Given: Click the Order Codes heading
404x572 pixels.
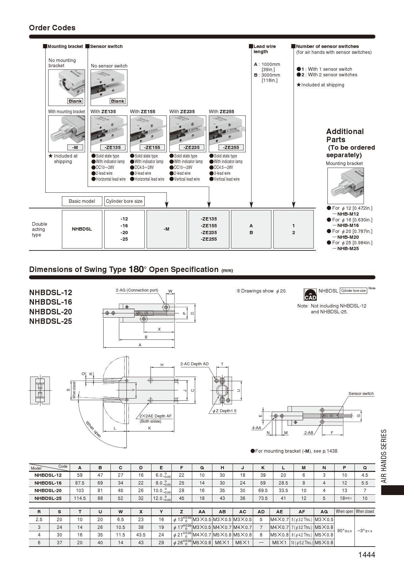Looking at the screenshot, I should coord(52,28).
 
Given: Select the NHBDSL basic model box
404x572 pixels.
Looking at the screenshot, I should coord(82,229).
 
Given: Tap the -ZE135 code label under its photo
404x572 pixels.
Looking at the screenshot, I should coord(112,147).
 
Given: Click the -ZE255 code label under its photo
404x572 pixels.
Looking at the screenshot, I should coord(231,147).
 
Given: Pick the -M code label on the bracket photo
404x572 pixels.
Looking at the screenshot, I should coord(75,147).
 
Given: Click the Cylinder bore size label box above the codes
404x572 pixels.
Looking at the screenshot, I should coord(124,201).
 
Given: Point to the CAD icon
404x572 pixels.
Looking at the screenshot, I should coord(310,294).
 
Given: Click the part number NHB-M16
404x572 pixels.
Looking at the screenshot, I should coord(348,225).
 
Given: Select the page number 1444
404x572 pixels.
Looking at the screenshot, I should coord(367,555).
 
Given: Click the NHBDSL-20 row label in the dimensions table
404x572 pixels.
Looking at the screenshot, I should coord(48,490).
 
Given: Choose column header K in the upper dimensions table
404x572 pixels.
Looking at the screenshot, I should coord(263,467).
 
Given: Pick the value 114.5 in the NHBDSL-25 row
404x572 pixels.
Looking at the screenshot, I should coord(80,498).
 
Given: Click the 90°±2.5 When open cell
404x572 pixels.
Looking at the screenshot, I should coord(344,531).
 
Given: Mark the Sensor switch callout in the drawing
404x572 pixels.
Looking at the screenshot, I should coord(361,394).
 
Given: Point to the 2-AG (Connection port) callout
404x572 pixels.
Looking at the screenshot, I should coord(137,290).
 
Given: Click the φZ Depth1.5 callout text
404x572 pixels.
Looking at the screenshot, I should coord(224,411).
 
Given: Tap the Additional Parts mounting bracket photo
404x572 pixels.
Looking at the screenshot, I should coord(345,186).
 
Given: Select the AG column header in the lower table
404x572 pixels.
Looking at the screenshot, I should coord(324,512).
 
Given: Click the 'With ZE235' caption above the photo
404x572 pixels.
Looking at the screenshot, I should coord(182,112).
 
